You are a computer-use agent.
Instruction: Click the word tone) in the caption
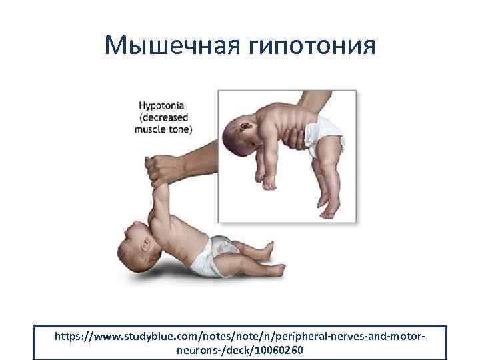(x=181, y=129)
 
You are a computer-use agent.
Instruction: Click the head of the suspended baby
(x=246, y=139)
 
